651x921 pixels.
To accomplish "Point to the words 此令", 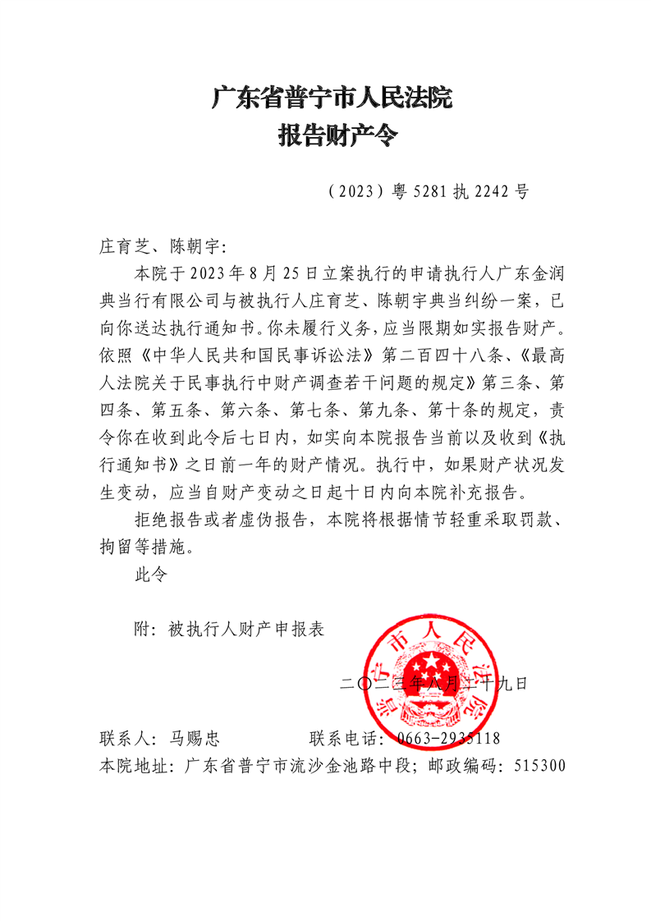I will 150,575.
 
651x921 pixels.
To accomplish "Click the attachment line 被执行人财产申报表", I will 246,630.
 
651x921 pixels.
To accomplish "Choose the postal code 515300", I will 539,767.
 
